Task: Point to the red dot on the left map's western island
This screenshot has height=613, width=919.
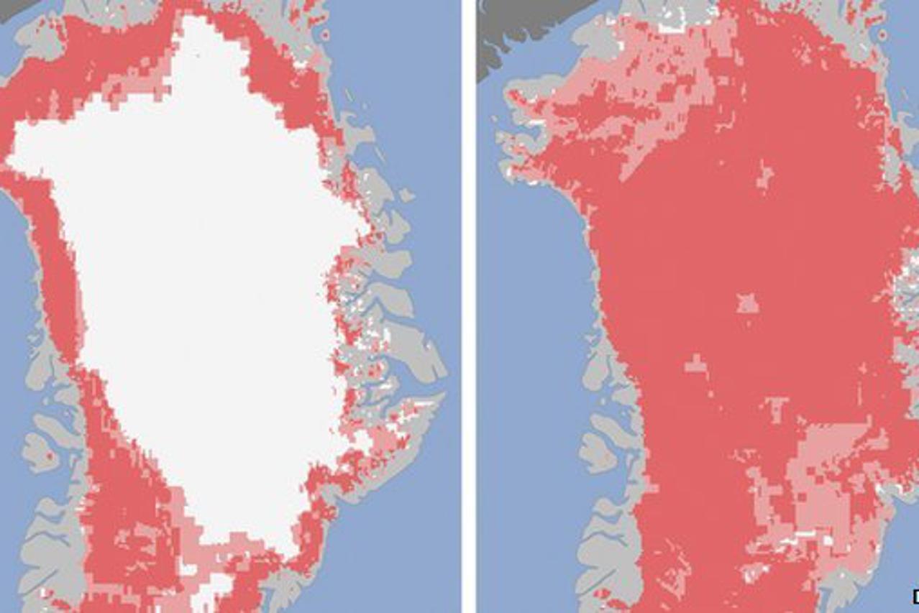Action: [50, 456]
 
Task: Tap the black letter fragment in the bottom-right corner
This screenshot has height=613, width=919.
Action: [915, 596]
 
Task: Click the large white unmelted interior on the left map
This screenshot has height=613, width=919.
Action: [201, 287]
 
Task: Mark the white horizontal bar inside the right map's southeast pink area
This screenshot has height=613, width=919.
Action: [805, 535]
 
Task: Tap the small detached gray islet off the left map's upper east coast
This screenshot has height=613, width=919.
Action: [406, 195]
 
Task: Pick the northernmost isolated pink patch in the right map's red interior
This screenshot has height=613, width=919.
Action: [764, 176]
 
